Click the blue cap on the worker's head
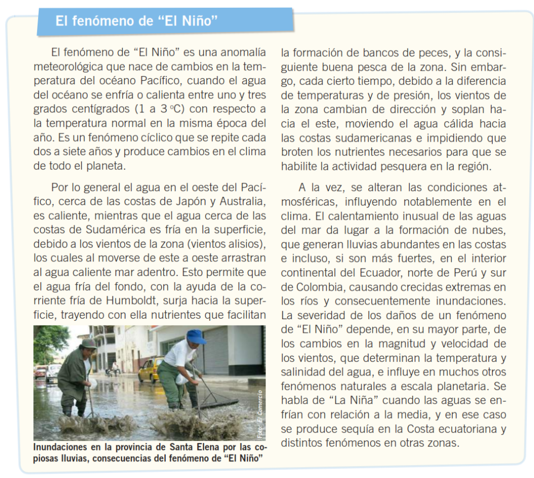(196, 336)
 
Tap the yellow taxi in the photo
(151, 368)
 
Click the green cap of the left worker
(89, 344)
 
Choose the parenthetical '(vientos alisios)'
(227, 243)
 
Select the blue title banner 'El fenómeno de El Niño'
(165, 21)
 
